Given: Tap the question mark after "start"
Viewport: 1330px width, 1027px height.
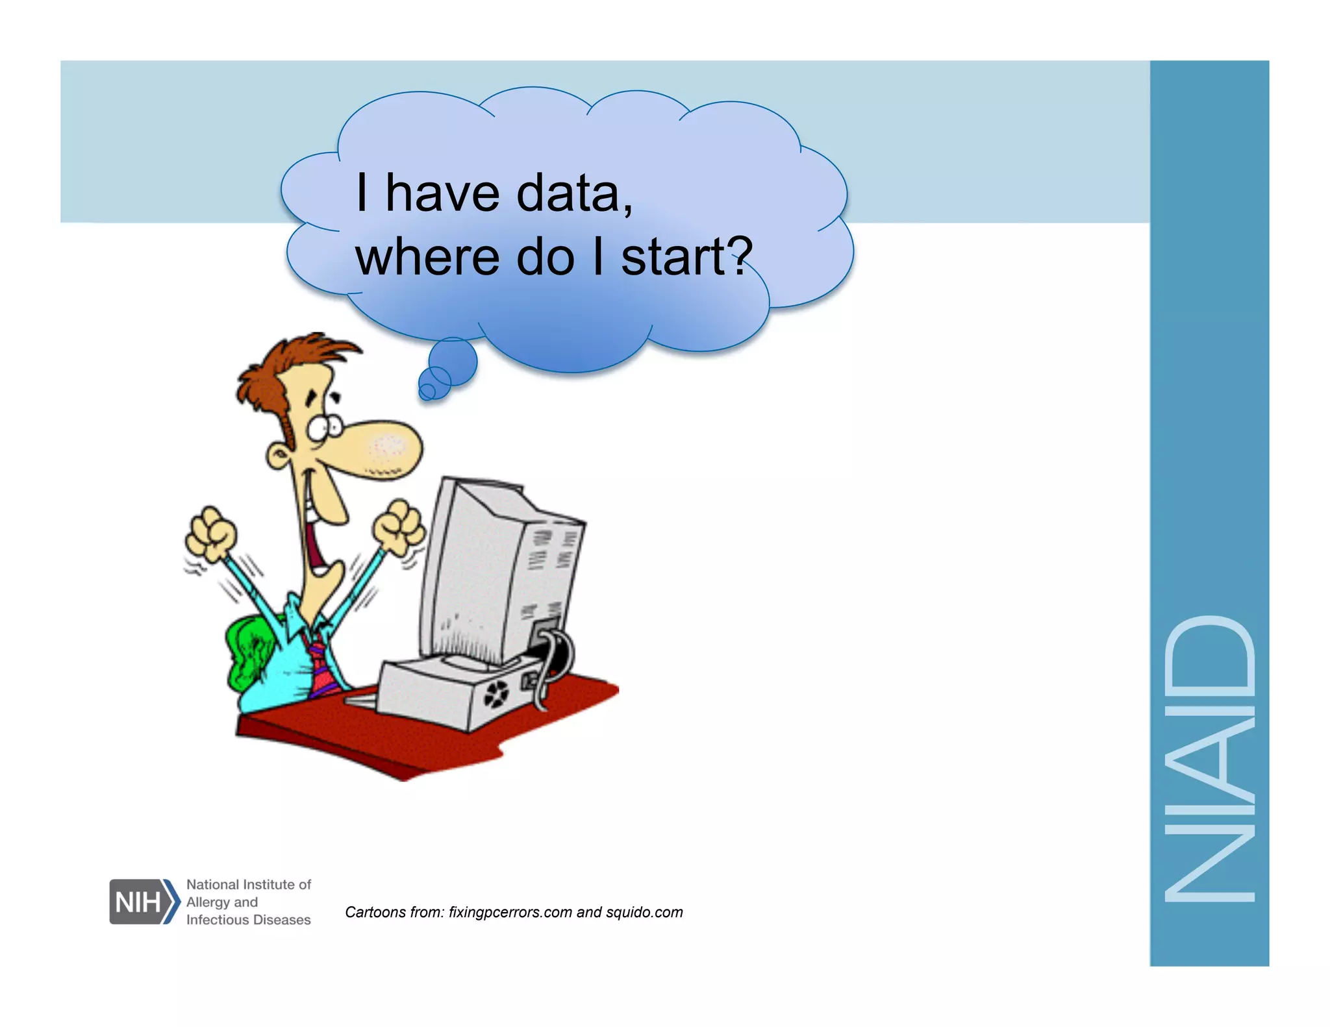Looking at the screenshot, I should (x=739, y=256).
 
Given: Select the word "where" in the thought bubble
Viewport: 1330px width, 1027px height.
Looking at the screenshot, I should (x=427, y=257).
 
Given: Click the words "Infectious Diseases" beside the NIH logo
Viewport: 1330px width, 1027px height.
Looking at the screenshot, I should (x=248, y=920).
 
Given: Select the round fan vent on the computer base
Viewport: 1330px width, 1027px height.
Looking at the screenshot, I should (x=496, y=695).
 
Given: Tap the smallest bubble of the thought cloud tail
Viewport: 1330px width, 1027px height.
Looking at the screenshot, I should (x=427, y=391).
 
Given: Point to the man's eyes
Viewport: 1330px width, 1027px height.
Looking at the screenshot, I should (x=325, y=427).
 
